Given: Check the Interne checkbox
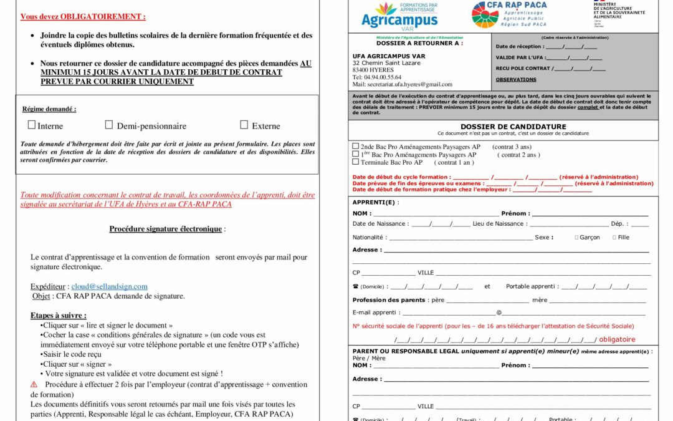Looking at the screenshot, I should point(32,125).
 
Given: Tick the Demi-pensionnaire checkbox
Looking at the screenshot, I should point(109,125).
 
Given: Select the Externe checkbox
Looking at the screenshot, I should point(244,125).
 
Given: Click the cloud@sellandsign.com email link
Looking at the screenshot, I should point(109,286).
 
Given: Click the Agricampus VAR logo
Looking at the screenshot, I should point(399,16).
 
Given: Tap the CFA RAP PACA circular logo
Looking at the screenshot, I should point(485,14).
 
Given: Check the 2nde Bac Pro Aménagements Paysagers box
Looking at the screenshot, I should point(356,147).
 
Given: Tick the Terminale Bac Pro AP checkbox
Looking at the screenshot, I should point(356,162).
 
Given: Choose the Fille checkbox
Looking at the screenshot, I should point(614,238).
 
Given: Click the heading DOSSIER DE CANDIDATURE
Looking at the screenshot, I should point(504,127).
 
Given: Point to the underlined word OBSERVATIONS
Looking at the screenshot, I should point(516,80).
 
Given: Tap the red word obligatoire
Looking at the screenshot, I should point(617,340).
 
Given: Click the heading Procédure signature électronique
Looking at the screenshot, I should point(166,229).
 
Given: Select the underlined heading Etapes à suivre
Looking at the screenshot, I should point(59,316).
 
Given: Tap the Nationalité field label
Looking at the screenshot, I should point(370,238).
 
